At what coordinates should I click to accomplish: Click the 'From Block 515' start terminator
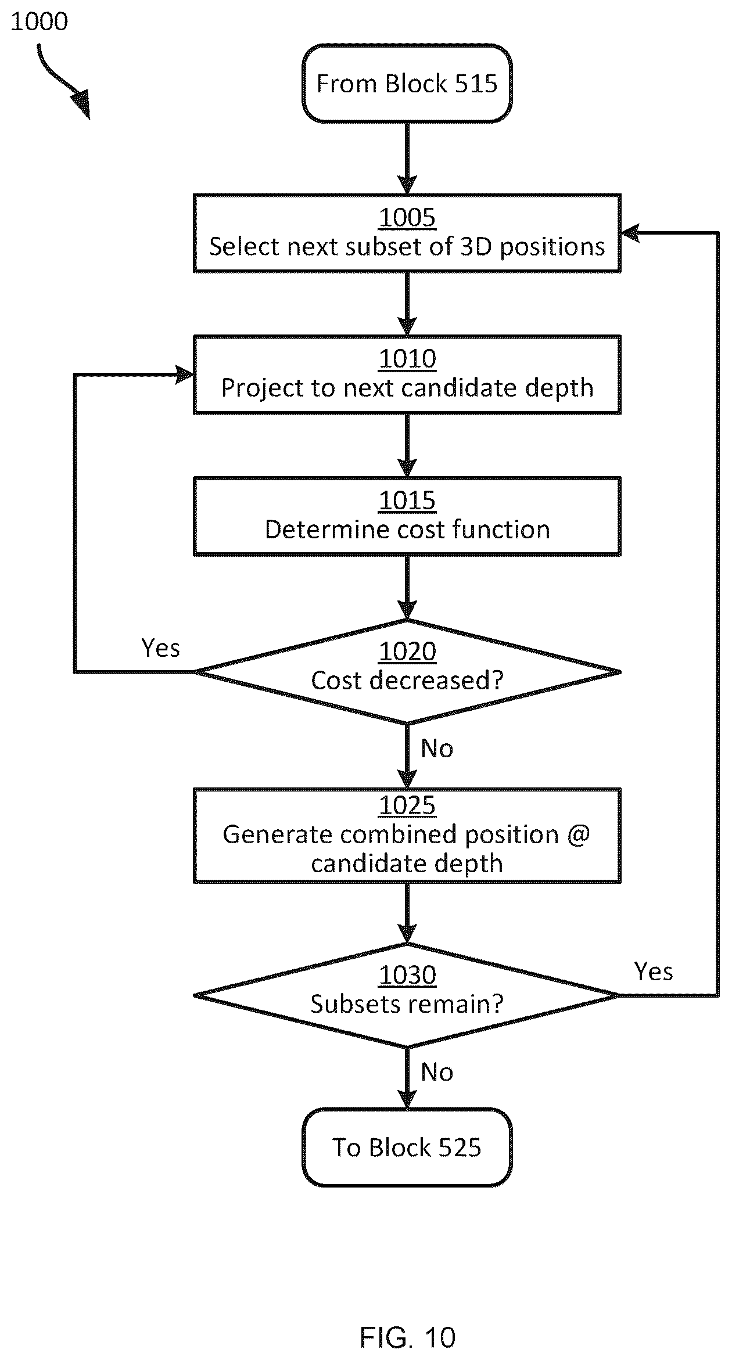click(407, 83)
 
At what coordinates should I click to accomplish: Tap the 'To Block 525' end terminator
click(407, 1147)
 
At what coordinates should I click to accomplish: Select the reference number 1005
click(407, 217)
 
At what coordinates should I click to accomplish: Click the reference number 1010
click(407, 359)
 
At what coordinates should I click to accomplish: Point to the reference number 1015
click(407, 501)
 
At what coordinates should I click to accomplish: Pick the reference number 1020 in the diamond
click(407, 652)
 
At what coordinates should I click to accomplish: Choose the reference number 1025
click(407, 805)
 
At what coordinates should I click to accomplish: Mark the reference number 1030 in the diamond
click(407, 975)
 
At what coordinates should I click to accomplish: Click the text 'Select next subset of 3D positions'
click(407, 247)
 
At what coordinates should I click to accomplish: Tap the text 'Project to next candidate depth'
click(407, 388)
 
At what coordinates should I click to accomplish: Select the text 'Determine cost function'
click(407, 530)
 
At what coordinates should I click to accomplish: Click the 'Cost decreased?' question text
click(407, 681)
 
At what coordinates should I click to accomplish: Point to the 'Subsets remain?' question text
click(407, 1004)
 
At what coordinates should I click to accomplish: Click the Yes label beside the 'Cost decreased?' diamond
click(161, 647)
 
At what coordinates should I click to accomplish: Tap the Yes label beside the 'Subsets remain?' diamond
click(654, 972)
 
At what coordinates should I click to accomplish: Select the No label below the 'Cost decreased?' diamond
click(437, 749)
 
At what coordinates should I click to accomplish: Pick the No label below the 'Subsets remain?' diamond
click(437, 1073)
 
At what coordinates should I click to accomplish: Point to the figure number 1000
click(39, 21)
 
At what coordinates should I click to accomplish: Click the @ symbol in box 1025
click(578, 835)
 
